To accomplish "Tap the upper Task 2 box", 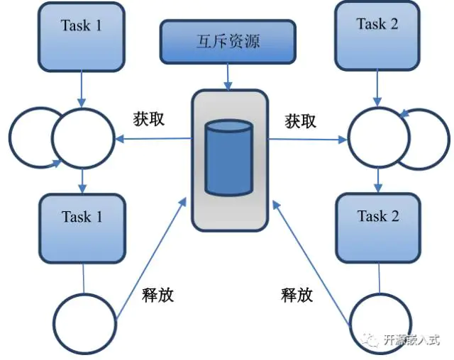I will [377, 34].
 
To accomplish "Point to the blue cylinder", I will [228, 158].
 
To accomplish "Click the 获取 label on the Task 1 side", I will [149, 118].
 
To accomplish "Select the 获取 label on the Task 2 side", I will [301, 120].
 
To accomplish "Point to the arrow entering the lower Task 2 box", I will [378, 181].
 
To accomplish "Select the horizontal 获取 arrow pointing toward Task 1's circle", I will [153, 139].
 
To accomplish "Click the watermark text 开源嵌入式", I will [412, 339].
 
